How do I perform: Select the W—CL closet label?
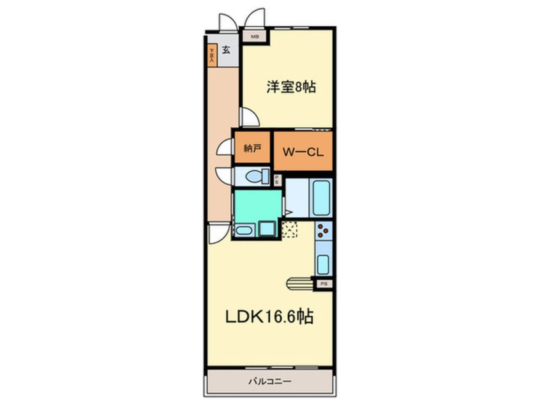[303, 152]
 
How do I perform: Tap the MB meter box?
[255, 37]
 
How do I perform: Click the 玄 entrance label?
[226, 49]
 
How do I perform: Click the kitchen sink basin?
[322, 263]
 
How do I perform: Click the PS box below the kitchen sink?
[324, 282]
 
